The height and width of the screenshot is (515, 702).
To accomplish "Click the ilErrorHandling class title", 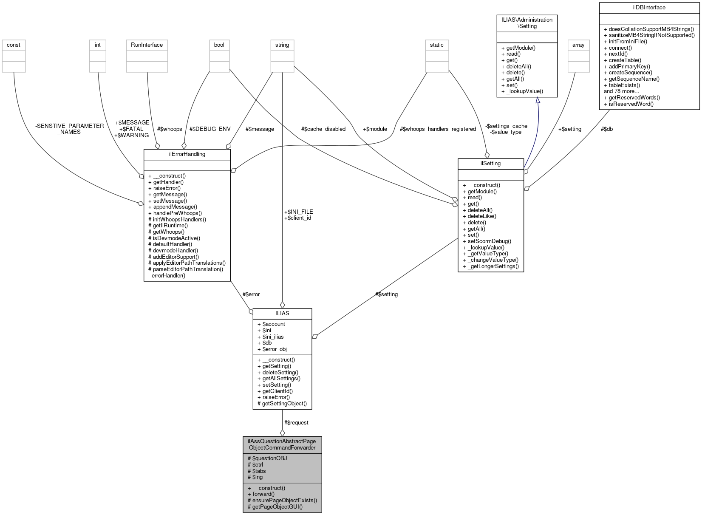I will coord(187,154).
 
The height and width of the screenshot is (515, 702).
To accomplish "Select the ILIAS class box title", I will coord(282,313).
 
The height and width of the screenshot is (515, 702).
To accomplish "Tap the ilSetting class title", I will coord(490,164).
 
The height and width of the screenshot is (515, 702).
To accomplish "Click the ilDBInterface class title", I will coord(649,8).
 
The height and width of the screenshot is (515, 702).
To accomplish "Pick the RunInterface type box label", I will coord(147,45).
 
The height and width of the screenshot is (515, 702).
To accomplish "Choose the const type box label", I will coord(14,45).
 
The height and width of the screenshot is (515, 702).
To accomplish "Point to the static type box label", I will coord(436,45).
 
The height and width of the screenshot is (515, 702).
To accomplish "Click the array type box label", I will coord(578,45).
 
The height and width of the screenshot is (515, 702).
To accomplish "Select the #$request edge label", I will coord(296,423).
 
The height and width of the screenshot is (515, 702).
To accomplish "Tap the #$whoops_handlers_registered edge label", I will coord(438,129).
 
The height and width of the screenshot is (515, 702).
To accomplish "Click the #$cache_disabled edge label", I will coord(323,129).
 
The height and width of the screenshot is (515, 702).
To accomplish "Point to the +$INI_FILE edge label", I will coord(298,212).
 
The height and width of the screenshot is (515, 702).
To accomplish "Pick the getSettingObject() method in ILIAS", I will coord(282,404).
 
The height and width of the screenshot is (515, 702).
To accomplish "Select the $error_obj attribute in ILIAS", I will coord(274,349).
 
